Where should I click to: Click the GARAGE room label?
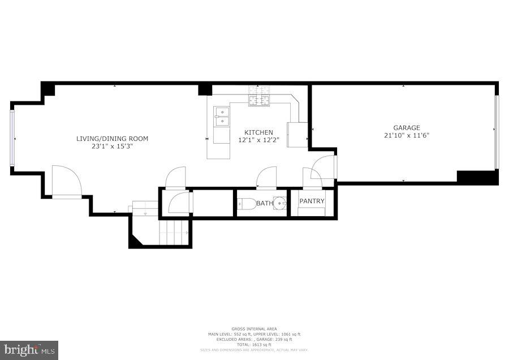click(x=403, y=128)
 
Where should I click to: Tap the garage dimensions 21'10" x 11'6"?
click(x=403, y=135)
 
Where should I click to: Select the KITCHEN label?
click(x=258, y=132)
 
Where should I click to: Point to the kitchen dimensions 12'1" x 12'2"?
click(x=258, y=140)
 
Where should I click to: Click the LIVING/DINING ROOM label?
click(x=112, y=139)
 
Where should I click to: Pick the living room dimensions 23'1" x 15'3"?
click(x=112, y=146)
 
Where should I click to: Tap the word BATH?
click(x=265, y=203)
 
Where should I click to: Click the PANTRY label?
click(x=312, y=201)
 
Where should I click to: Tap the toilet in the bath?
click(x=246, y=204)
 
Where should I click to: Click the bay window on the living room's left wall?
click(x=12, y=139)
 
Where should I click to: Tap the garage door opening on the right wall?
click(x=497, y=132)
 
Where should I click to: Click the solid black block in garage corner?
click(x=477, y=177)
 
